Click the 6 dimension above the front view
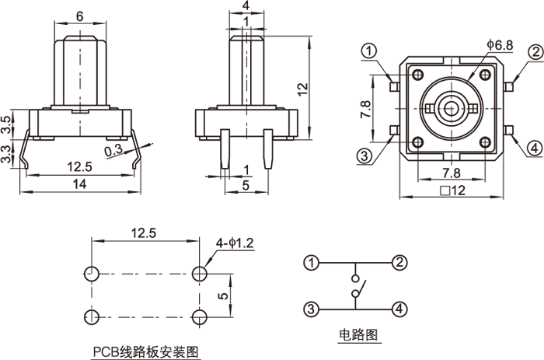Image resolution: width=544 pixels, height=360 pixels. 79,16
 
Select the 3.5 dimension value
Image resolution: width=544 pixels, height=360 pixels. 7,124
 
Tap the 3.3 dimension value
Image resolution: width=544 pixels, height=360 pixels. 7,154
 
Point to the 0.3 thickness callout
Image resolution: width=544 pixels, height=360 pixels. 113,151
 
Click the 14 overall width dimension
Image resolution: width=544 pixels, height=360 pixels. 79,183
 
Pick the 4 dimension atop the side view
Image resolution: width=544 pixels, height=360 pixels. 246,7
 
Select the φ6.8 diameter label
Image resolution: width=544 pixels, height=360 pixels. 499,46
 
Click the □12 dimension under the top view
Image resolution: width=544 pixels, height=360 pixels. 451,190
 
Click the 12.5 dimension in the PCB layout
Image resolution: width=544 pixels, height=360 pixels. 145,232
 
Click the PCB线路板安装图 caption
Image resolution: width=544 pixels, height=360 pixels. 146,351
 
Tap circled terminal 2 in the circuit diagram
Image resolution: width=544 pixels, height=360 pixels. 399,262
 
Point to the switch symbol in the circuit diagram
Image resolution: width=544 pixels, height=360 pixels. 355,285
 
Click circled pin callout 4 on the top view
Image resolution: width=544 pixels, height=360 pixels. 534,148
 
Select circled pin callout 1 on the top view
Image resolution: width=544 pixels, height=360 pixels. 369,51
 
